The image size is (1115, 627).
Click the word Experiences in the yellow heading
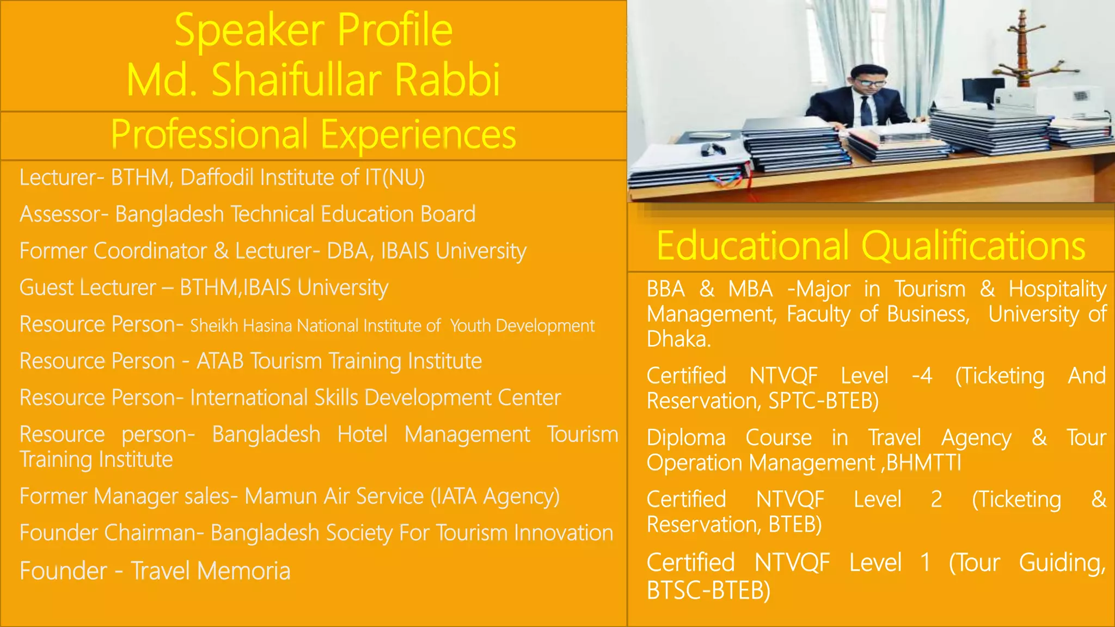pyautogui.click(x=418, y=134)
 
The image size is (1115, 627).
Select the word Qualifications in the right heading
pyautogui.click(x=973, y=246)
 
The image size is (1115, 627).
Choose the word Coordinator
pyautogui.click(x=150, y=251)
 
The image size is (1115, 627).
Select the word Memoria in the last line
pyautogui.click(x=243, y=571)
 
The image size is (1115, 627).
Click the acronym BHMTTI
pyautogui.click(x=923, y=463)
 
